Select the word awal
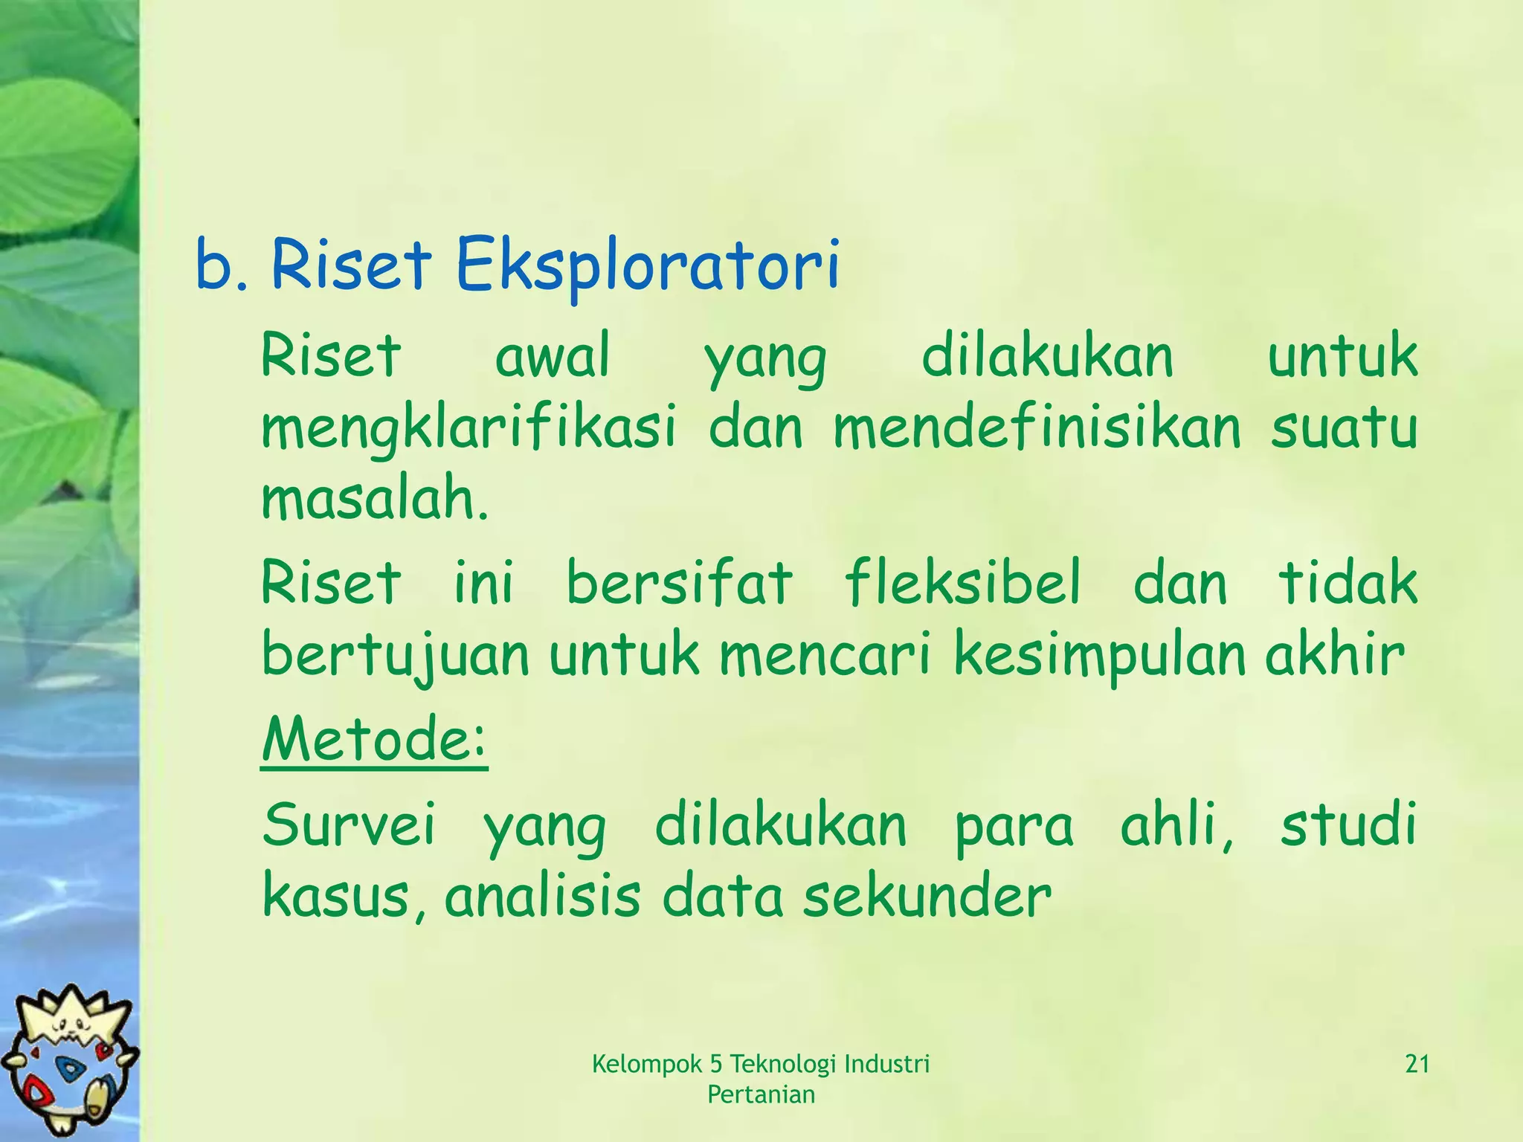click(x=552, y=357)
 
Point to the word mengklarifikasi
click(x=469, y=430)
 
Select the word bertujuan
click(x=396, y=656)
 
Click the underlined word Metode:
click(x=374, y=740)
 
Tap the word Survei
click(x=349, y=825)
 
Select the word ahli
click(x=1176, y=825)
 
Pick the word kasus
click(x=343, y=897)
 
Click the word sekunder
click(x=927, y=897)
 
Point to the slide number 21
click(x=1417, y=1065)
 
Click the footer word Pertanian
click(x=761, y=1094)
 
